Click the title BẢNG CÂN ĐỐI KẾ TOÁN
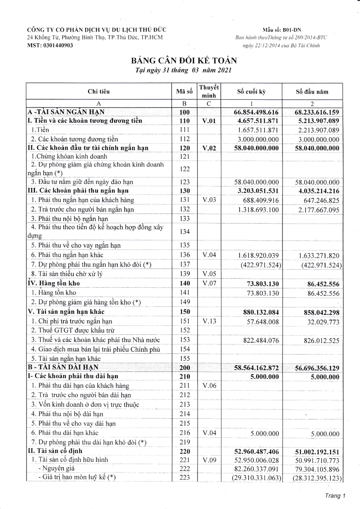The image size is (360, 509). pos(184,60)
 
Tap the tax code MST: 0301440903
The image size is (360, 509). pos(50,45)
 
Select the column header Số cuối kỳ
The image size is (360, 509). pos(251,92)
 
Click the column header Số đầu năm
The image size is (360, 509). pos(312,92)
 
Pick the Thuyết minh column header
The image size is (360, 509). pos(209,91)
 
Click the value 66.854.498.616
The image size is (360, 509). pos(256,112)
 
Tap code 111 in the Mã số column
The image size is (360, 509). pos(184,130)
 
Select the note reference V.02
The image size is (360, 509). pos(209,148)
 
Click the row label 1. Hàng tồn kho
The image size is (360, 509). pos(54,293)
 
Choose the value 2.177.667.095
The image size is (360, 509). pos(318,210)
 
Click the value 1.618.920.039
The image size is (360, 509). pos(258,256)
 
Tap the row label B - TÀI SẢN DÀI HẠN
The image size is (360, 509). pos(63,367)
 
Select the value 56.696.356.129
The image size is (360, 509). pos(317,368)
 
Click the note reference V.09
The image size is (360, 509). pos(209,460)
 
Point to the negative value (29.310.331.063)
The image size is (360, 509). pos(256,478)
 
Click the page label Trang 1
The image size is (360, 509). pos(335,496)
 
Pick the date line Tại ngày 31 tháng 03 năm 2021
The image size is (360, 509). pos(183,71)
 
